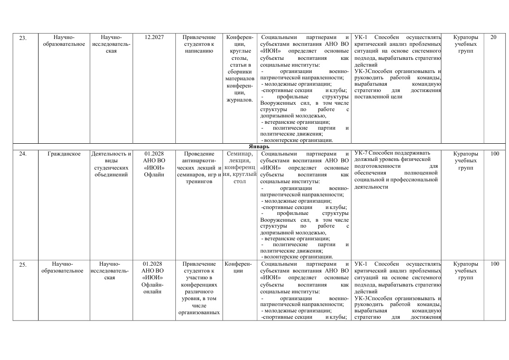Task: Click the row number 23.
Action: click(x=23, y=38)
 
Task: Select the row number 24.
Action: click(x=23, y=154)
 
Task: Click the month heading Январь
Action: click(x=259, y=147)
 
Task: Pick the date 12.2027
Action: click(x=154, y=37)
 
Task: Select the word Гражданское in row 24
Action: click(x=64, y=154)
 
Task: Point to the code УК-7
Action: click(x=361, y=153)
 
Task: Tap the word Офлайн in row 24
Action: click(x=154, y=175)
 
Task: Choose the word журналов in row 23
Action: click(x=239, y=100)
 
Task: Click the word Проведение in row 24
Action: click(x=199, y=154)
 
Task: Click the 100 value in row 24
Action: click(x=494, y=154)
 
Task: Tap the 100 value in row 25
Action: click(x=494, y=264)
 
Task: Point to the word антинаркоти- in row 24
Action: click(x=199, y=161)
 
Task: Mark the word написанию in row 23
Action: click(x=199, y=51)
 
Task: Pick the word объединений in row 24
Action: click(x=111, y=175)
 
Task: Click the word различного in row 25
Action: click(x=199, y=291)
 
